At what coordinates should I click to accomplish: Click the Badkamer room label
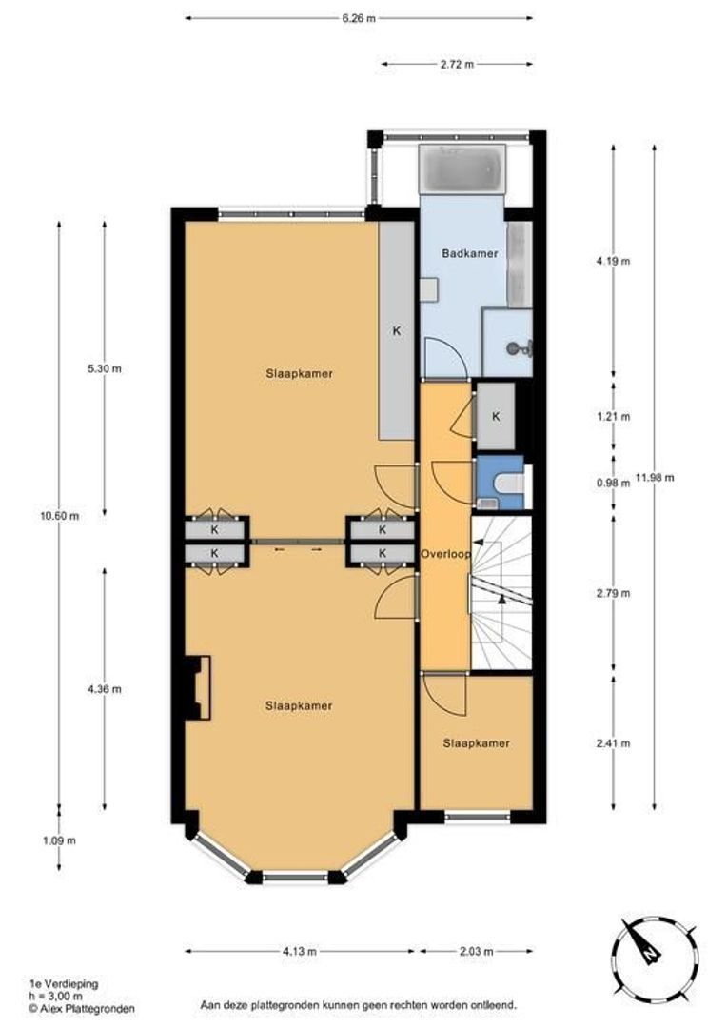469,253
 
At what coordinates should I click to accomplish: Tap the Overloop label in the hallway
445,554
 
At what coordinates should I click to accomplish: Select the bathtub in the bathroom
462,169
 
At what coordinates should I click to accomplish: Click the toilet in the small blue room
509,484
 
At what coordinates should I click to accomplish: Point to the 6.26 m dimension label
359,18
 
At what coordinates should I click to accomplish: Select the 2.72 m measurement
457,65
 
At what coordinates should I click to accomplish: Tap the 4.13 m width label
300,951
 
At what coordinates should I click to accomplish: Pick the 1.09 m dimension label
59,840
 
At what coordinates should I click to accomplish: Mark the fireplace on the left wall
197,687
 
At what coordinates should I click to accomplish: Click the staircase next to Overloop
501,593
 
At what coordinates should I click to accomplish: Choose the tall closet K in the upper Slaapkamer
397,331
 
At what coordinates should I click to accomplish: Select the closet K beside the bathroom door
496,416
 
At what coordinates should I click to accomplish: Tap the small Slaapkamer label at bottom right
477,743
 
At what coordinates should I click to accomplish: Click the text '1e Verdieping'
64,983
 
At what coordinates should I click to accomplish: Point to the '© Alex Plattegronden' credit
82,1008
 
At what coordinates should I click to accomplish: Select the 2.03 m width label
476,951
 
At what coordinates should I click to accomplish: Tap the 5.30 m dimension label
105,368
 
